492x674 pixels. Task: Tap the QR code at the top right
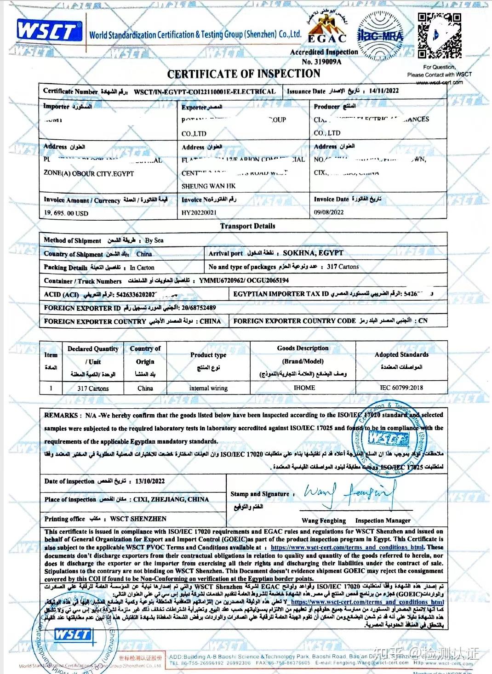coord(439,36)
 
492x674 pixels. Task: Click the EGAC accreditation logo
coord(327,27)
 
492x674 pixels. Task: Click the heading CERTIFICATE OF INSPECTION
coord(244,74)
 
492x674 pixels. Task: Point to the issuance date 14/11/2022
coord(383,91)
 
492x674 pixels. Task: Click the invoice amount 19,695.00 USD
coord(66,213)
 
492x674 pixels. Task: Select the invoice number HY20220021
coord(199,213)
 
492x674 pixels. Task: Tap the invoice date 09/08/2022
coord(329,212)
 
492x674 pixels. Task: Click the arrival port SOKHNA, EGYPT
coord(313,253)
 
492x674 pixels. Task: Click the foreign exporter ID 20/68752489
coord(199,308)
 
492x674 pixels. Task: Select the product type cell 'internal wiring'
coord(208,388)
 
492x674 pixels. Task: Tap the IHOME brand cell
coord(304,388)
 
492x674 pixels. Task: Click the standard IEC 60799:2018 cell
coord(401,388)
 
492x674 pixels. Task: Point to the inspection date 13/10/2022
coord(150,481)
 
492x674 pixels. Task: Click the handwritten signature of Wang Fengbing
coord(349,493)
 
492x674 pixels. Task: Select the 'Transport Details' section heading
coord(247,226)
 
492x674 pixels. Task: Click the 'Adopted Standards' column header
coord(401,354)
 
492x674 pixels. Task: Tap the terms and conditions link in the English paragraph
coord(347,547)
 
